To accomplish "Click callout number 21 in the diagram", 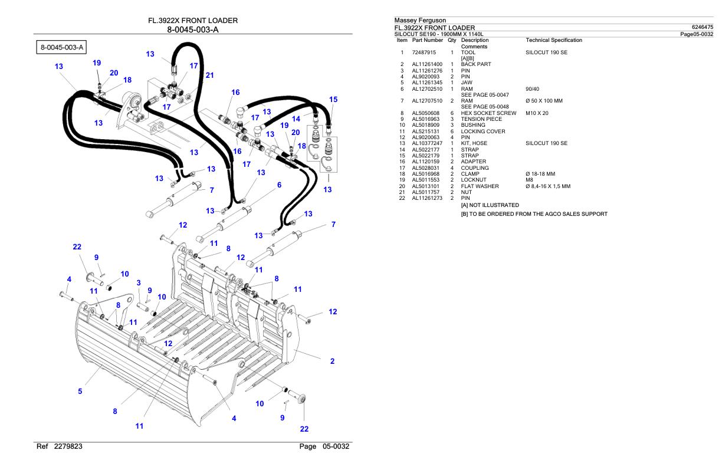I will [x=210, y=75].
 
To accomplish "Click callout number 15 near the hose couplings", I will [x=333, y=100].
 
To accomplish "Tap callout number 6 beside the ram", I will [x=279, y=185].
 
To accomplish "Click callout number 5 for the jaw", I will [x=81, y=391].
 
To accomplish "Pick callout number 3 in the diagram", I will [x=138, y=284].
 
